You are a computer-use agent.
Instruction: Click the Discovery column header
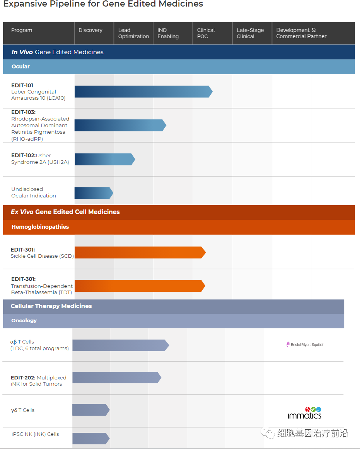point(90,31)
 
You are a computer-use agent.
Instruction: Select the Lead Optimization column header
point(133,33)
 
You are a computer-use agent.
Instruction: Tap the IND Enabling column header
point(168,33)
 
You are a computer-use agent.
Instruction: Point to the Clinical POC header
point(206,33)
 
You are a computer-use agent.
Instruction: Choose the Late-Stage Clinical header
point(250,33)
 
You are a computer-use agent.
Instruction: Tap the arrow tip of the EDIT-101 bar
point(210,92)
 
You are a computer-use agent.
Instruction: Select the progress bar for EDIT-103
point(120,125)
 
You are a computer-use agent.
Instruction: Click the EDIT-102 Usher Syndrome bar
point(104,159)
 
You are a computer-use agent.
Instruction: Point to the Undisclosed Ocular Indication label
point(34,192)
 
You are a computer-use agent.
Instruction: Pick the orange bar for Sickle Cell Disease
point(139,252)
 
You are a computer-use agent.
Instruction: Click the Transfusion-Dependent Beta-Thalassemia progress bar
point(139,286)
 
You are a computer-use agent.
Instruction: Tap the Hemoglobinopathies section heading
point(40,227)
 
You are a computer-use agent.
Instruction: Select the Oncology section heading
point(24,321)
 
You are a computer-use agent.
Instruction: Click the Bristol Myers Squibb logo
point(305,344)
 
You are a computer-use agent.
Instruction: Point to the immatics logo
point(305,413)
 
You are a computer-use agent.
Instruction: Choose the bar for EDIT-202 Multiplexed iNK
point(116,378)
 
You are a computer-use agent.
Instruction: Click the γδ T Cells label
point(23,410)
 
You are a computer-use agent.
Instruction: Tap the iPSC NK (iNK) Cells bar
point(90,438)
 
